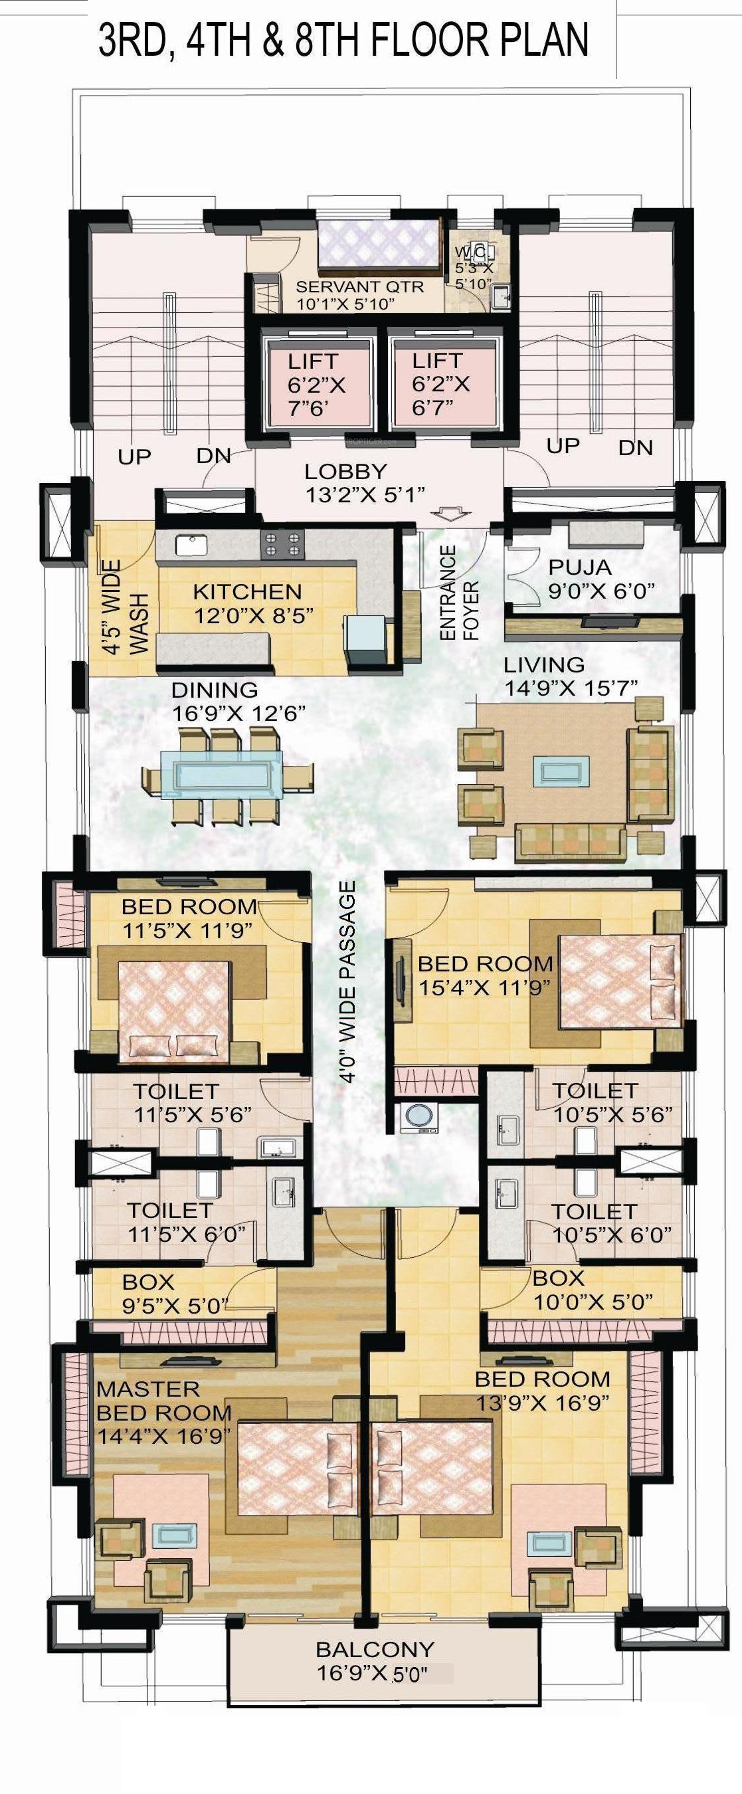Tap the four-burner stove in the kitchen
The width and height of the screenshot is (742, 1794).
(x=283, y=544)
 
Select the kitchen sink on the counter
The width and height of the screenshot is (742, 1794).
(x=188, y=546)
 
